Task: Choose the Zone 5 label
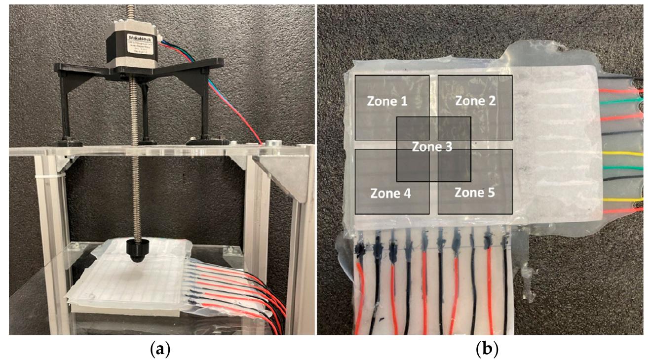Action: pyautogui.click(x=474, y=192)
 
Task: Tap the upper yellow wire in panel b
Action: pyautogui.click(x=622, y=154)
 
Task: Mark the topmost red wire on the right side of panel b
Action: pyautogui.click(x=622, y=91)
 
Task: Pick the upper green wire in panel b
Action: pyautogui.click(x=622, y=101)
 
